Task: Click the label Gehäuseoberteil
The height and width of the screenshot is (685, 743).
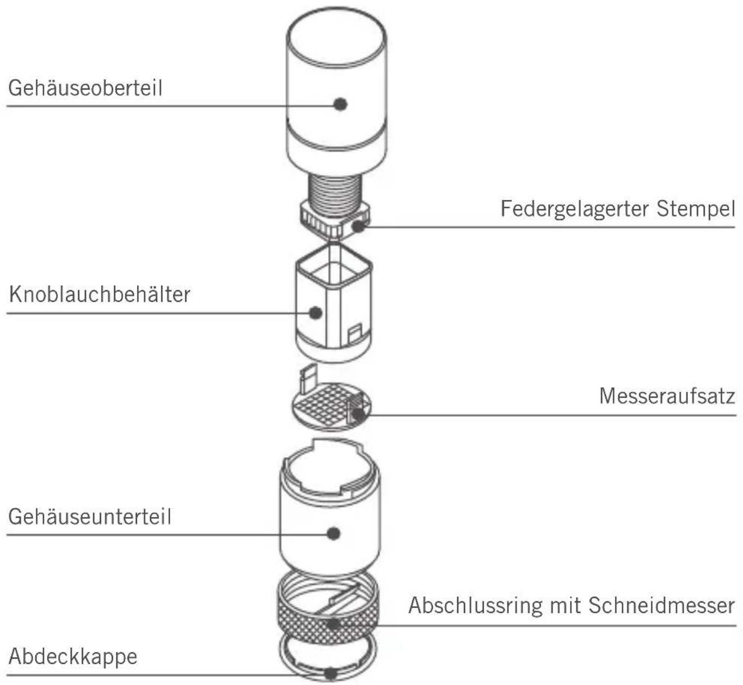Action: tap(85, 88)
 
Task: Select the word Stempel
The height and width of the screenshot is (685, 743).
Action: tap(696, 209)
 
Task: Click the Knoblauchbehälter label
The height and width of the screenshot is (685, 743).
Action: tap(99, 294)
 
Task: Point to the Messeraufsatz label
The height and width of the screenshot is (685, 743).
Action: tap(667, 396)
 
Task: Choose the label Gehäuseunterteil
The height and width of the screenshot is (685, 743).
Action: tap(89, 517)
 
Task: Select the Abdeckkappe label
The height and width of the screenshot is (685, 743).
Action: tap(73, 656)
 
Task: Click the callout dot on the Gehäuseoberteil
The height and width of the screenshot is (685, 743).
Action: tap(340, 104)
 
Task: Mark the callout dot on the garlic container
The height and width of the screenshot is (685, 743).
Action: tap(316, 312)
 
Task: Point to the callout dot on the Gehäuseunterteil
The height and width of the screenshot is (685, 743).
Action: tap(334, 533)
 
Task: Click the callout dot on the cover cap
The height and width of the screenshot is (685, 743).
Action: tap(331, 673)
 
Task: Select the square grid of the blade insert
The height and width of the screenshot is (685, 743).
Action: tap(325, 403)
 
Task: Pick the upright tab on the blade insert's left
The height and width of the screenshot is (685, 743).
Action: tap(308, 379)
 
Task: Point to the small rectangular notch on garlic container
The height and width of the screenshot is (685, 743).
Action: tap(355, 335)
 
